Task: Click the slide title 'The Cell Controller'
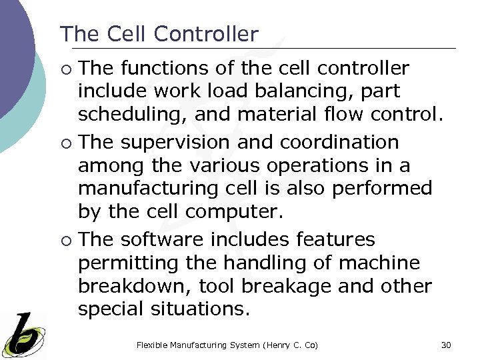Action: click(x=159, y=34)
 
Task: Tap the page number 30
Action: click(x=446, y=345)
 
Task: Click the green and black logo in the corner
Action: click(x=23, y=334)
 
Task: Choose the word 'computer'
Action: click(x=234, y=213)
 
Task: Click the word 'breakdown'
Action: click(x=131, y=286)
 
